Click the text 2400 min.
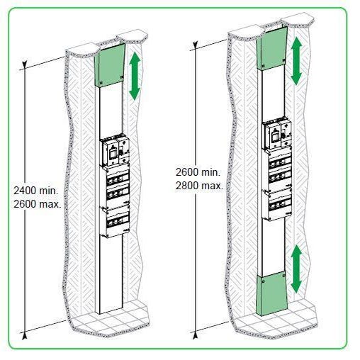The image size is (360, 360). (x=35, y=191)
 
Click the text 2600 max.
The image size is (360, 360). (x=38, y=204)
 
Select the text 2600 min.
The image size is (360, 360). (x=198, y=172)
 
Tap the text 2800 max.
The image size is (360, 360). (x=199, y=186)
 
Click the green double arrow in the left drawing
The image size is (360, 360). (x=135, y=76)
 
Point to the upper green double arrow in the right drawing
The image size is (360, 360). (x=296, y=61)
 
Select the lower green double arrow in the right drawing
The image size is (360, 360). (x=296, y=269)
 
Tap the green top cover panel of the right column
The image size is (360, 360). (x=271, y=48)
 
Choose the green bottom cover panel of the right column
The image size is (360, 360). (x=271, y=293)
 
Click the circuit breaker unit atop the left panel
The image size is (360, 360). (x=115, y=150)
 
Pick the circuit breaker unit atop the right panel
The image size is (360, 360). (x=276, y=135)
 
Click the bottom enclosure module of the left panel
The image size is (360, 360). (x=115, y=221)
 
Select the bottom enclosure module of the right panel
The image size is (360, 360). (x=277, y=205)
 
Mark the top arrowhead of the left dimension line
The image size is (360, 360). (x=25, y=64)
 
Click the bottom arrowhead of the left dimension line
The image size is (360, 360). (x=24, y=336)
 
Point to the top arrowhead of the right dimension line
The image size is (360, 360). (x=195, y=45)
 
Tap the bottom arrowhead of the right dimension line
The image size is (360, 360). (x=195, y=335)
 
